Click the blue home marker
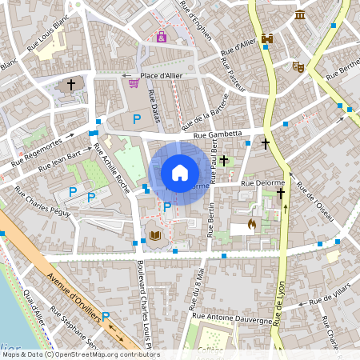click(180, 172)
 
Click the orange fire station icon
click(253, 225)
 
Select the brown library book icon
click(154, 235)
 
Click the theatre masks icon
click(298, 67)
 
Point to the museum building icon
click(300, 15)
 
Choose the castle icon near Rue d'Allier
click(267, 39)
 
